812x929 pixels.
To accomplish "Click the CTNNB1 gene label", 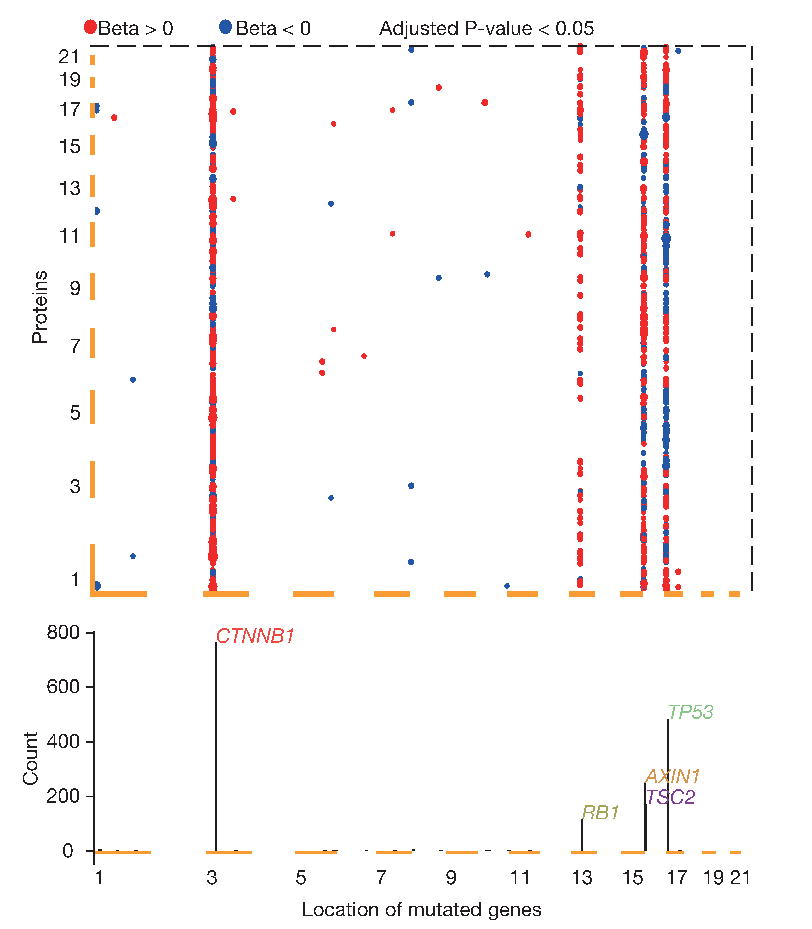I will click(x=255, y=636).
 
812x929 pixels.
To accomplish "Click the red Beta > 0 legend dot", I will click(x=90, y=27).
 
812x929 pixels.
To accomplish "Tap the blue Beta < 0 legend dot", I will click(x=225, y=27).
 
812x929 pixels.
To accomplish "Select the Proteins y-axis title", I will click(x=40, y=307).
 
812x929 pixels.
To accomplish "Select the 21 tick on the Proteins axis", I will click(x=69, y=57).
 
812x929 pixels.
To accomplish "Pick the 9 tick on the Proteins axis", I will click(x=75, y=288).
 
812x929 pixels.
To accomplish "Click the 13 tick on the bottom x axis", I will click(x=582, y=878).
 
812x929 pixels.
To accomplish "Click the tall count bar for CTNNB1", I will click(x=216, y=748).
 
